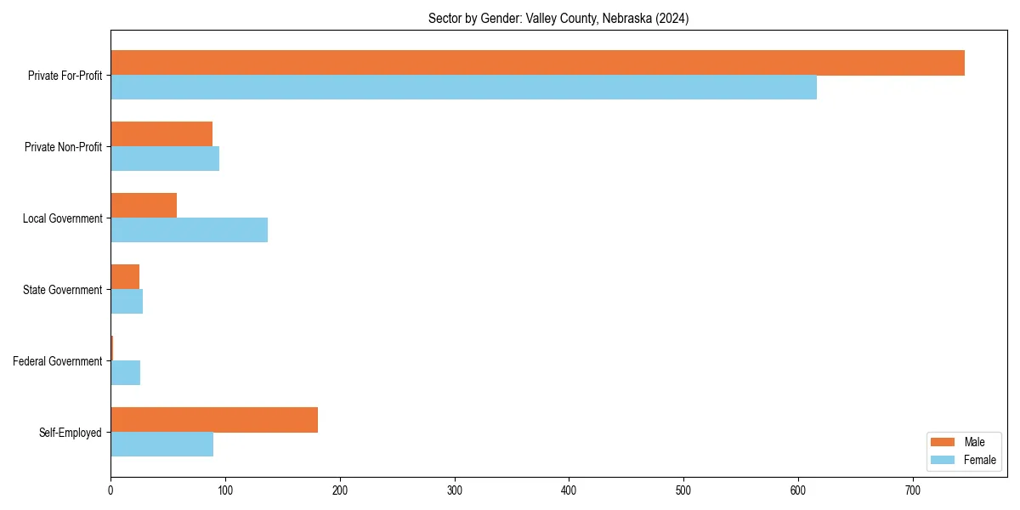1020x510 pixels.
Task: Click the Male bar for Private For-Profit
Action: [537, 63]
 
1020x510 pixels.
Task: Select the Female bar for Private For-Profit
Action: [463, 88]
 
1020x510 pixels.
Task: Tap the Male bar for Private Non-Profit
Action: [161, 134]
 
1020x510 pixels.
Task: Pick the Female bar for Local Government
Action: [189, 230]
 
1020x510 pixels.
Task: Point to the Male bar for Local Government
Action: [144, 206]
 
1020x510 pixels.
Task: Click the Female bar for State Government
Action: [127, 302]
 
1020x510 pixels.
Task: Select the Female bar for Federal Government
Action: [125, 373]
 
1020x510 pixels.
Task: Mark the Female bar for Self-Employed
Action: [161, 445]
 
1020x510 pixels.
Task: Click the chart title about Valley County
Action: [558, 19]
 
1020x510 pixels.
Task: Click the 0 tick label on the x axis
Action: [110, 490]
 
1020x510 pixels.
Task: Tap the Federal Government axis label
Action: [57, 361]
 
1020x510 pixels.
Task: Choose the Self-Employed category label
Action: [70, 433]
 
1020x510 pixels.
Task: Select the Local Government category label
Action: [62, 218]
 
